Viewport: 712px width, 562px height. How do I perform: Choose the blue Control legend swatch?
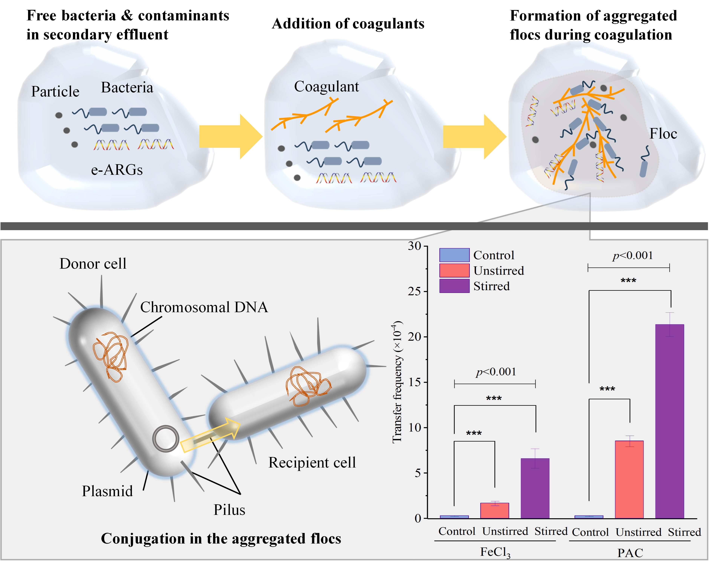pyautogui.click(x=454, y=255)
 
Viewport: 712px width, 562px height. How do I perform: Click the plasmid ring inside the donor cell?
pyautogui.click(x=166, y=439)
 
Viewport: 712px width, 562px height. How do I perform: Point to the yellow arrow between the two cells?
pyautogui.click(x=210, y=435)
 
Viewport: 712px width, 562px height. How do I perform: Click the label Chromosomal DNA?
pyautogui.click(x=204, y=307)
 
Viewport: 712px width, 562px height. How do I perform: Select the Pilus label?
pyautogui.click(x=229, y=510)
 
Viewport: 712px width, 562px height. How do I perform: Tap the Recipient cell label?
pyautogui.click(x=312, y=463)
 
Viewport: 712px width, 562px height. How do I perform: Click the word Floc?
pyautogui.click(x=663, y=134)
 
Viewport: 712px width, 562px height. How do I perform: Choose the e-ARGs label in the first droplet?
pyautogui.click(x=117, y=170)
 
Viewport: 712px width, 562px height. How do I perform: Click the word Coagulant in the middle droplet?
pyautogui.click(x=326, y=87)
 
